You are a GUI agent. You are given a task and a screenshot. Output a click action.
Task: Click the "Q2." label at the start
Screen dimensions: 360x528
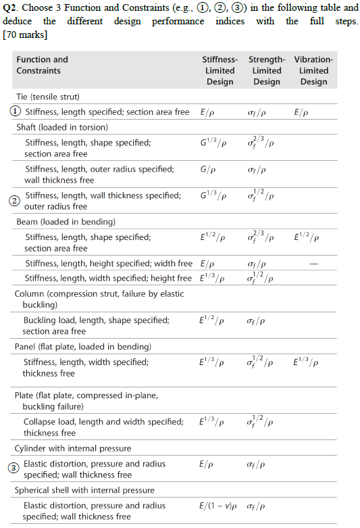tap(12, 8)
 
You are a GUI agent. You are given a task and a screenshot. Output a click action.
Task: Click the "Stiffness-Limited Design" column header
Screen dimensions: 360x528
tap(220, 70)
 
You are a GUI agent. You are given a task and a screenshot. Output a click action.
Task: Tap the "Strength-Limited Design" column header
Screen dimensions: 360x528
tap(266, 70)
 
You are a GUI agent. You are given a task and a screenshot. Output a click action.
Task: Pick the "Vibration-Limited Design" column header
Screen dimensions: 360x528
tap(313, 70)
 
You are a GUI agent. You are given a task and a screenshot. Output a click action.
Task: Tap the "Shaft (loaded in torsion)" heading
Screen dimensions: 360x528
tap(62, 127)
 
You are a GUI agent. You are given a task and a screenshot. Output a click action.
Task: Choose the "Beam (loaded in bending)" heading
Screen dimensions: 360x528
tap(66, 222)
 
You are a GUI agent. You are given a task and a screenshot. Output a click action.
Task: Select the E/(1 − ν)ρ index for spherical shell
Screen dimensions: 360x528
tap(222, 506)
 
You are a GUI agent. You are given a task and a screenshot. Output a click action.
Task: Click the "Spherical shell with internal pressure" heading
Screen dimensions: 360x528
tap(84, 490)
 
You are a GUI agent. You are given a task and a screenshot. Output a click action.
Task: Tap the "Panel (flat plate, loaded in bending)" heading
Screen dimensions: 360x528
tap(83, 347)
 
